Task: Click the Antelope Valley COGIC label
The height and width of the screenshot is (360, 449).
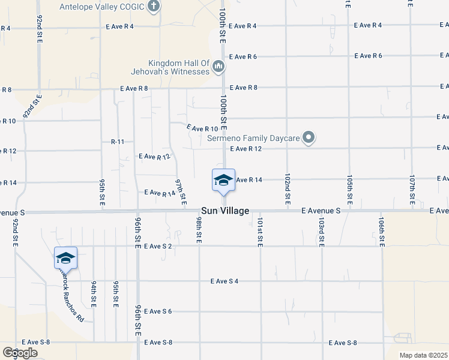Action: point(103,7)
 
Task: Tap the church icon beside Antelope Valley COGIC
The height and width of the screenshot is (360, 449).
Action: point(154,7)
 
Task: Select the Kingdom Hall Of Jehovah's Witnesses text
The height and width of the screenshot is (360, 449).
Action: point(179,67)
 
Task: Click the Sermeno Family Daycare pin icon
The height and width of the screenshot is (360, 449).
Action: point(309,138)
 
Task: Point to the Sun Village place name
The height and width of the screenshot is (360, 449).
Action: point(224,211)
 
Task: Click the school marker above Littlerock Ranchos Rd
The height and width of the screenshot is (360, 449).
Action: point(65,259)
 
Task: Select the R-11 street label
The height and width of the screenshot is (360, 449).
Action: point(117,142)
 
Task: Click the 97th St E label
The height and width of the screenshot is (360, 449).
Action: point(181,190)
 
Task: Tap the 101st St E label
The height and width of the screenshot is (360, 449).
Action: point(260,231)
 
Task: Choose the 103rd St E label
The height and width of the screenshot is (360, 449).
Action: point(322,231)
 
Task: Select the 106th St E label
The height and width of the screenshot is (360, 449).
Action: point(382,231)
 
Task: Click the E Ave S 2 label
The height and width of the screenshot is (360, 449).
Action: point(158,246)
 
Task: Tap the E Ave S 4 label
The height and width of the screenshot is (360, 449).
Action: point(224,281)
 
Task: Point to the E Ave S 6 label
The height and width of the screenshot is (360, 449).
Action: point(158,311)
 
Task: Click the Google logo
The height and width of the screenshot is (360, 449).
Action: point(20,353)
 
